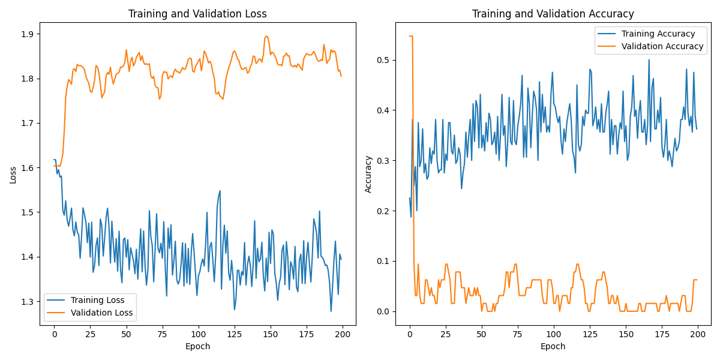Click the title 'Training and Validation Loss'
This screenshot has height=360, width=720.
coord(197,14)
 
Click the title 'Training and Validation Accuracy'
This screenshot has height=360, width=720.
coord(553,14)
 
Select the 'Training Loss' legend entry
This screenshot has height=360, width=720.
coord(97,300)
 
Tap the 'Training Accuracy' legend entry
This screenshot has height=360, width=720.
coord(658,34)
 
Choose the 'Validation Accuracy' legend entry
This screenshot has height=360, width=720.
coord(662,46)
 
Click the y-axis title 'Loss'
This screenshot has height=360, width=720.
coord(13,174)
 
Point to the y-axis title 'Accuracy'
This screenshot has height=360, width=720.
coord(368,174)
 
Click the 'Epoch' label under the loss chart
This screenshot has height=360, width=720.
coord(197,346)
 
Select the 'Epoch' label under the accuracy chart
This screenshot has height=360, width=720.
coord(553,346)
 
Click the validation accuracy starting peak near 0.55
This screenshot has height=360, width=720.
coord(411,36)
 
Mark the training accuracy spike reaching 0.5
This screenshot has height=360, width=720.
coord(649,59)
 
